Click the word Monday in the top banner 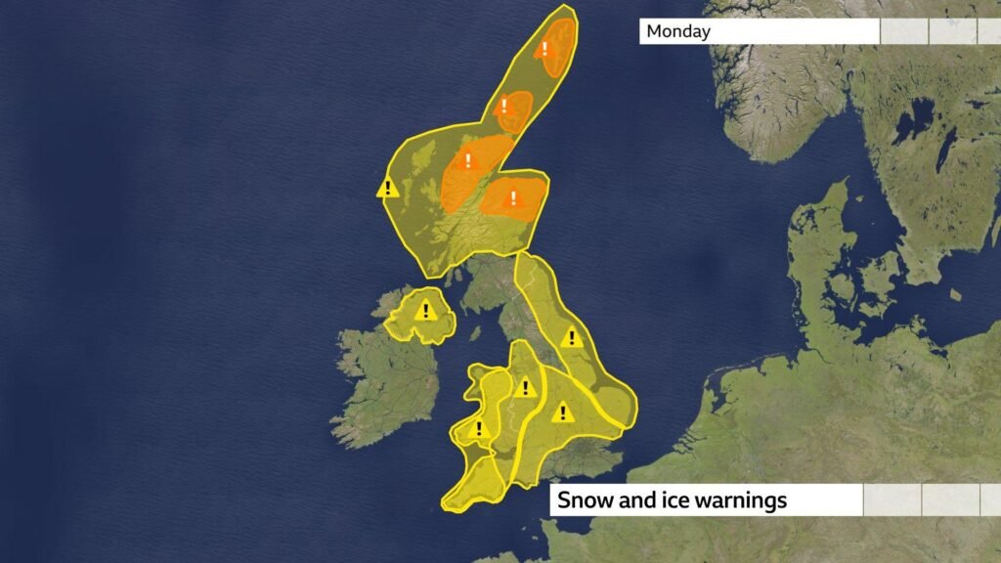coord(678,31)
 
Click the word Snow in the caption coord(584,500)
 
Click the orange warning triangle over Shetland coord(545,48)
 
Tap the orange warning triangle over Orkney coord(505,106)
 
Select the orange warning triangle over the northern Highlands coord(467,161)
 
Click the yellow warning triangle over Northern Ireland coord(425,312)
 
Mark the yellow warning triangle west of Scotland coord(388,188)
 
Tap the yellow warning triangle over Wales coord(479,429)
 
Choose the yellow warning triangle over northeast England coord(572,338)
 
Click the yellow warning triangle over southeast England coord(561,413)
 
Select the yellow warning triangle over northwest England coord(526,388)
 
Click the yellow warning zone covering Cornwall coord(471,485)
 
